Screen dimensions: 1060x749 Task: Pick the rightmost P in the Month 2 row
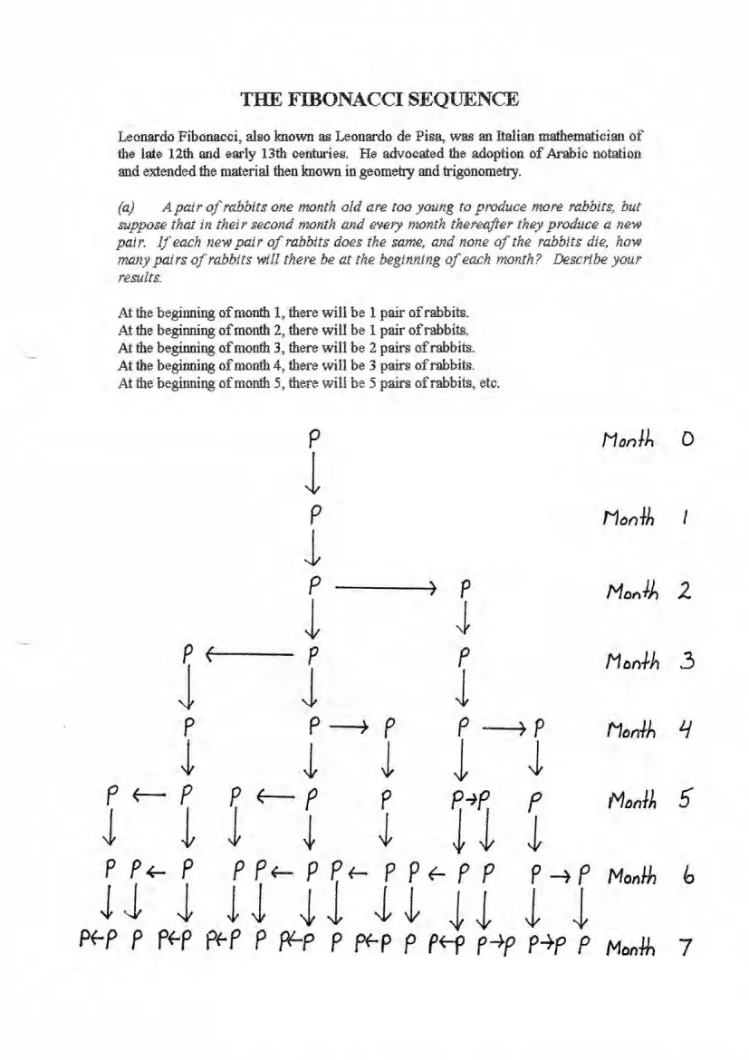click(465, 588)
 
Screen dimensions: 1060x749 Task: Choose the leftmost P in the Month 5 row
click(111, 801)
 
